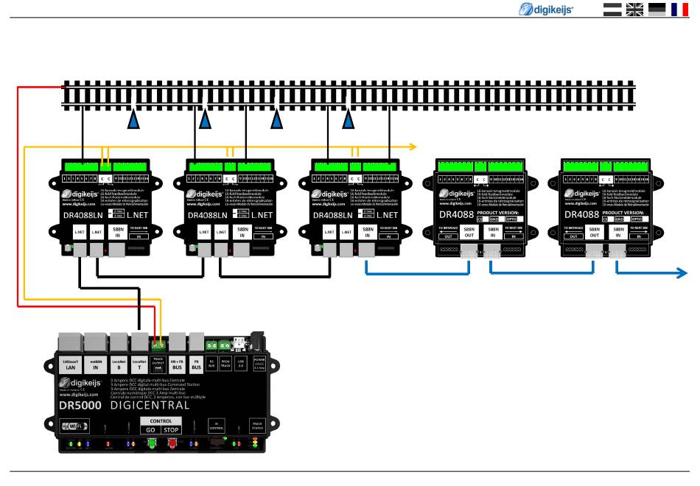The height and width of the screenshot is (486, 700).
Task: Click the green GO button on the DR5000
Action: point(150,429)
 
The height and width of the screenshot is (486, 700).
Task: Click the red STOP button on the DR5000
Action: point(171,429)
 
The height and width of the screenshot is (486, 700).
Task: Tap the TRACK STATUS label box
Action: point(257,425)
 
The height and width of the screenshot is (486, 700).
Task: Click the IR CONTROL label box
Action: point(216,425)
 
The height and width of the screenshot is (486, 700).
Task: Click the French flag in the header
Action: point(679,9)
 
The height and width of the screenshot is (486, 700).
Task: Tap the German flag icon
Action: point(656,9)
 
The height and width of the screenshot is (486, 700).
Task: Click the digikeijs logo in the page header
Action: point(548,9)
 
